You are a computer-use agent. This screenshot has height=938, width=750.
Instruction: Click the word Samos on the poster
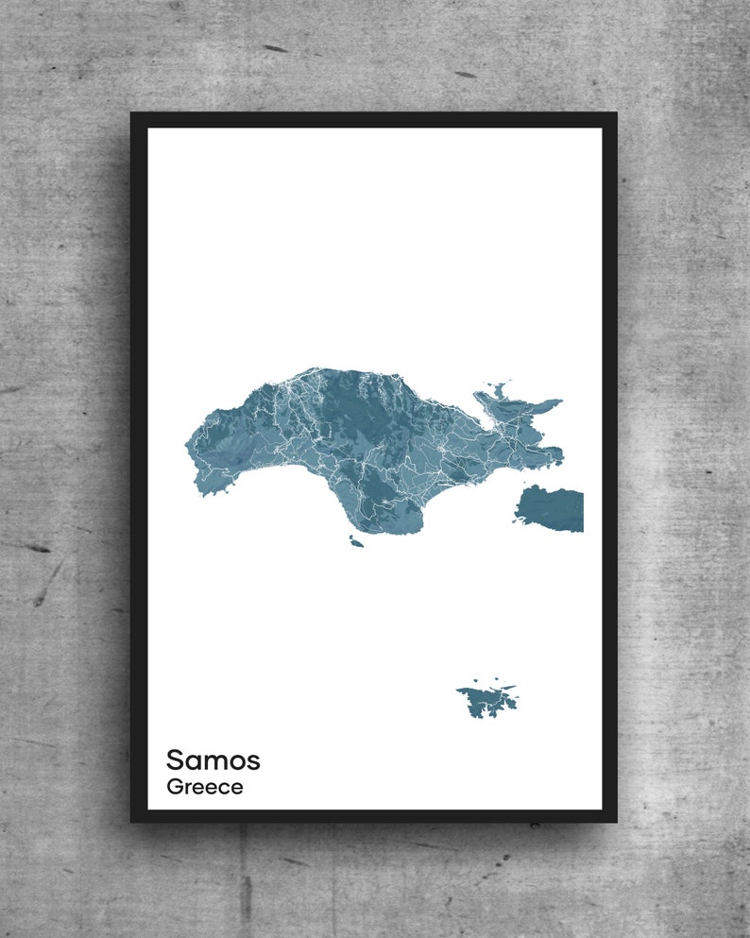(213, 759)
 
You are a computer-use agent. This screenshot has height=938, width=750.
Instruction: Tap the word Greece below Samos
(204, 787)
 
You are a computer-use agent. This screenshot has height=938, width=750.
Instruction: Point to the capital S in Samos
(176, 759)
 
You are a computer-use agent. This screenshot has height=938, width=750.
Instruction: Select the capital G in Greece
(175, 787)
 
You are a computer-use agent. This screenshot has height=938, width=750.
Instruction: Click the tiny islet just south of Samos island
(356, 542)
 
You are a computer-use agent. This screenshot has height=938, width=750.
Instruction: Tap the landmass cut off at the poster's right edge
(552, 508)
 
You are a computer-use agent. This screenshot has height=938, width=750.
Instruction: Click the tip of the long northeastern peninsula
(559, 402)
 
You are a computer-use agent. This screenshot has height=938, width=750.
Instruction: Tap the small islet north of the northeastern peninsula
(498, 387)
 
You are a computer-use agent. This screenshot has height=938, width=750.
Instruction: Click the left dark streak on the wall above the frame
(275, 48)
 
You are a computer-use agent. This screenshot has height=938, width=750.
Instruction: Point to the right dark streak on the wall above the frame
(466, 74)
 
